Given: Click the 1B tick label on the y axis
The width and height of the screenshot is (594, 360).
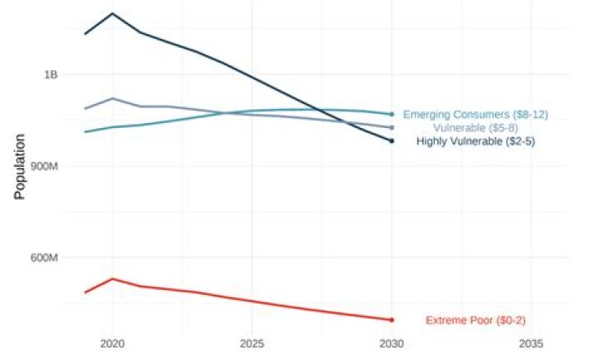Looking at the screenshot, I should pyautogui.click(x=50, y=74).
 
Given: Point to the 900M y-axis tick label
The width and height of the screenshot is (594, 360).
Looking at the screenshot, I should pyautogui.click(x=45, y=166).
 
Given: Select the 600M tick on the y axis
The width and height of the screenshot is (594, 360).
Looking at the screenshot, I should pyautogui.click(x=45, y=258).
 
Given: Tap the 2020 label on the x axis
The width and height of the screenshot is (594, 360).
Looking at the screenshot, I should pyautogui.click(x=112, y=342).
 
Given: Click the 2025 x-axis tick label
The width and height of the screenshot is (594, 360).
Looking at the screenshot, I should pyautogui.click(x=252, y=342).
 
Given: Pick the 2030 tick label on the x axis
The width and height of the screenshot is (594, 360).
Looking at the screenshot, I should pyautogui.click(x=391, y=342).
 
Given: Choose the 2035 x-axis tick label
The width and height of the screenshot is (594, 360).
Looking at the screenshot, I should pyautogui.click(x=530, y=342).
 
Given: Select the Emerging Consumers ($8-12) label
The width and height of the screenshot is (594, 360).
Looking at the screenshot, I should pyautogui.click(x=475, y=114).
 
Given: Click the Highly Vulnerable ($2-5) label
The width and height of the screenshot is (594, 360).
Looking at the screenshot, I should pyautogui.click(x=476, y=141).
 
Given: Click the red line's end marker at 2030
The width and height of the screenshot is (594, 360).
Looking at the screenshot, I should pyautogui.click(x=391, y=320).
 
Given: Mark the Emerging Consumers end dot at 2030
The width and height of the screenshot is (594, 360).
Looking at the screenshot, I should pyautogui.click(x=391, y=114).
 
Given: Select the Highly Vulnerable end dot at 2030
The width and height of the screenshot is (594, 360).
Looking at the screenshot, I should pyautogui.click(x=391, y=141).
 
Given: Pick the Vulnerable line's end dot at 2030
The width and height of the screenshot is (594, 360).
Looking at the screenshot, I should pyautogui.click(x=391, y=128).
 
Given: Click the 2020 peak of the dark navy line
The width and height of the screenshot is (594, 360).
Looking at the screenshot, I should pyautogui.click(x=112, y=14).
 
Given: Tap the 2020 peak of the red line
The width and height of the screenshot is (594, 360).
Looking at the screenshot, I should pyautogui.click(x=112, y=278).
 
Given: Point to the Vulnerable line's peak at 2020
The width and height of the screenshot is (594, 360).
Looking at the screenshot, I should pyautogui.click(x=112, y=98).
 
